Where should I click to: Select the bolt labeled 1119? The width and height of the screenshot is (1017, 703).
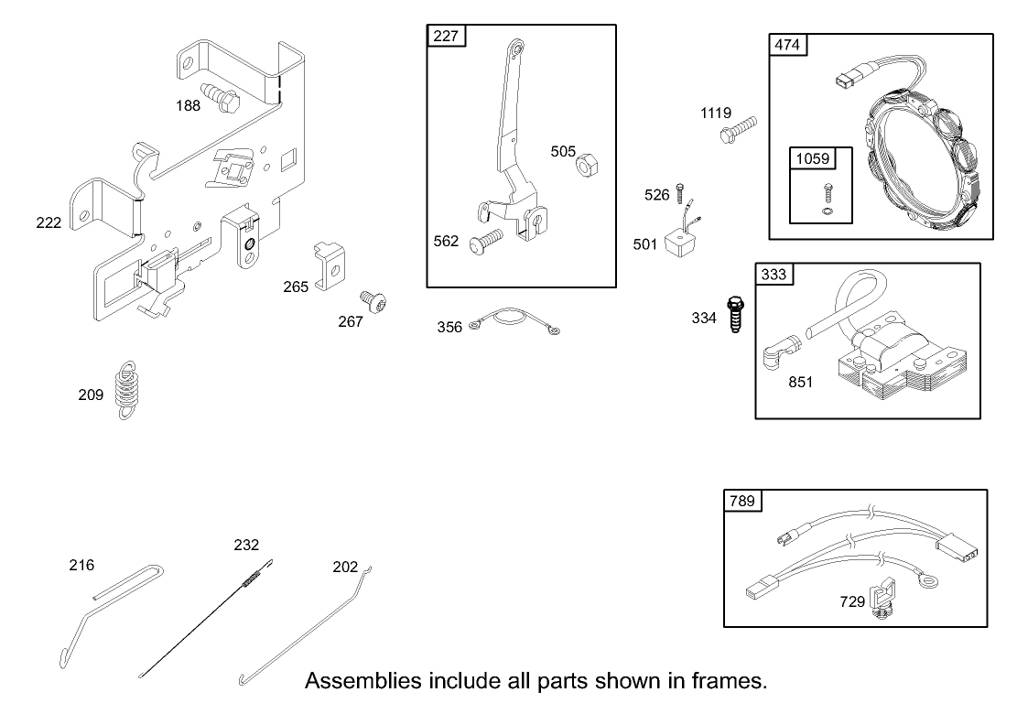click(739, 129)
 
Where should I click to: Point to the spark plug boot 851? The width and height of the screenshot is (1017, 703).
click(778, 351)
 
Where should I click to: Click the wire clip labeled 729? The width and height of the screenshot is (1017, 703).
click(882, 598)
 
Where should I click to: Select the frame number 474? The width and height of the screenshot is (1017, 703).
click(787, 46)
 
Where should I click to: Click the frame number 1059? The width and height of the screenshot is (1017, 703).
click(812, 158)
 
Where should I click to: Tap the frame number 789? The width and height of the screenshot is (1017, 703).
click(741, 501)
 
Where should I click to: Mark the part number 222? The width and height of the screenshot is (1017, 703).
click(49, 222)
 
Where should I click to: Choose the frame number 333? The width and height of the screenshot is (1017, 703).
click(774, 274)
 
